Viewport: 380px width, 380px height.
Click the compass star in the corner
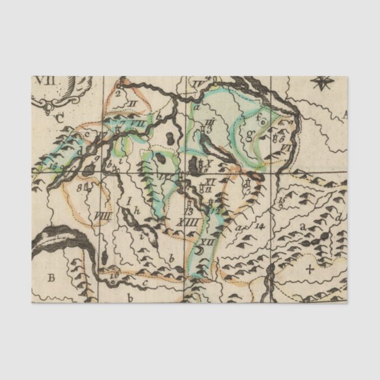tap(322, 84)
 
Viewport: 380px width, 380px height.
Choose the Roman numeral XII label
tap(205, 242)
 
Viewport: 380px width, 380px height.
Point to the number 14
tap(257, 225)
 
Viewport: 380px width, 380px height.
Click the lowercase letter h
tap(137, 211)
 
